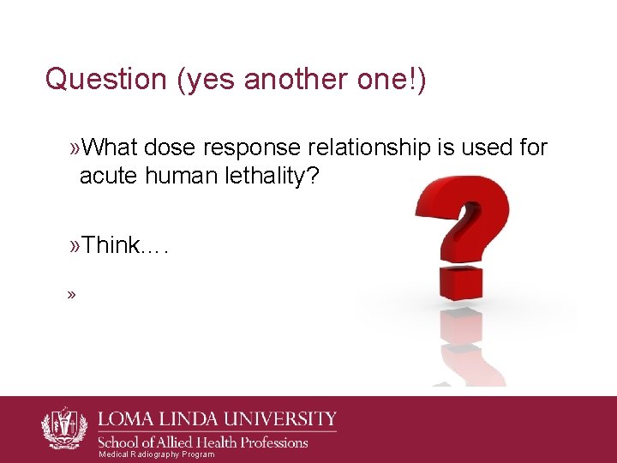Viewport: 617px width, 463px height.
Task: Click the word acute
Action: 107,177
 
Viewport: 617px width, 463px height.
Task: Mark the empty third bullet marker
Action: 71,295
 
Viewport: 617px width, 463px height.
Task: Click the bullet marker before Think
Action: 75,247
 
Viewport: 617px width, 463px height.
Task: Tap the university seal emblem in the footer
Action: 64,427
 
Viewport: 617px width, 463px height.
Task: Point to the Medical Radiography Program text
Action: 157,454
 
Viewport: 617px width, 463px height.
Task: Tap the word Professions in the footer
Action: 269,442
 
